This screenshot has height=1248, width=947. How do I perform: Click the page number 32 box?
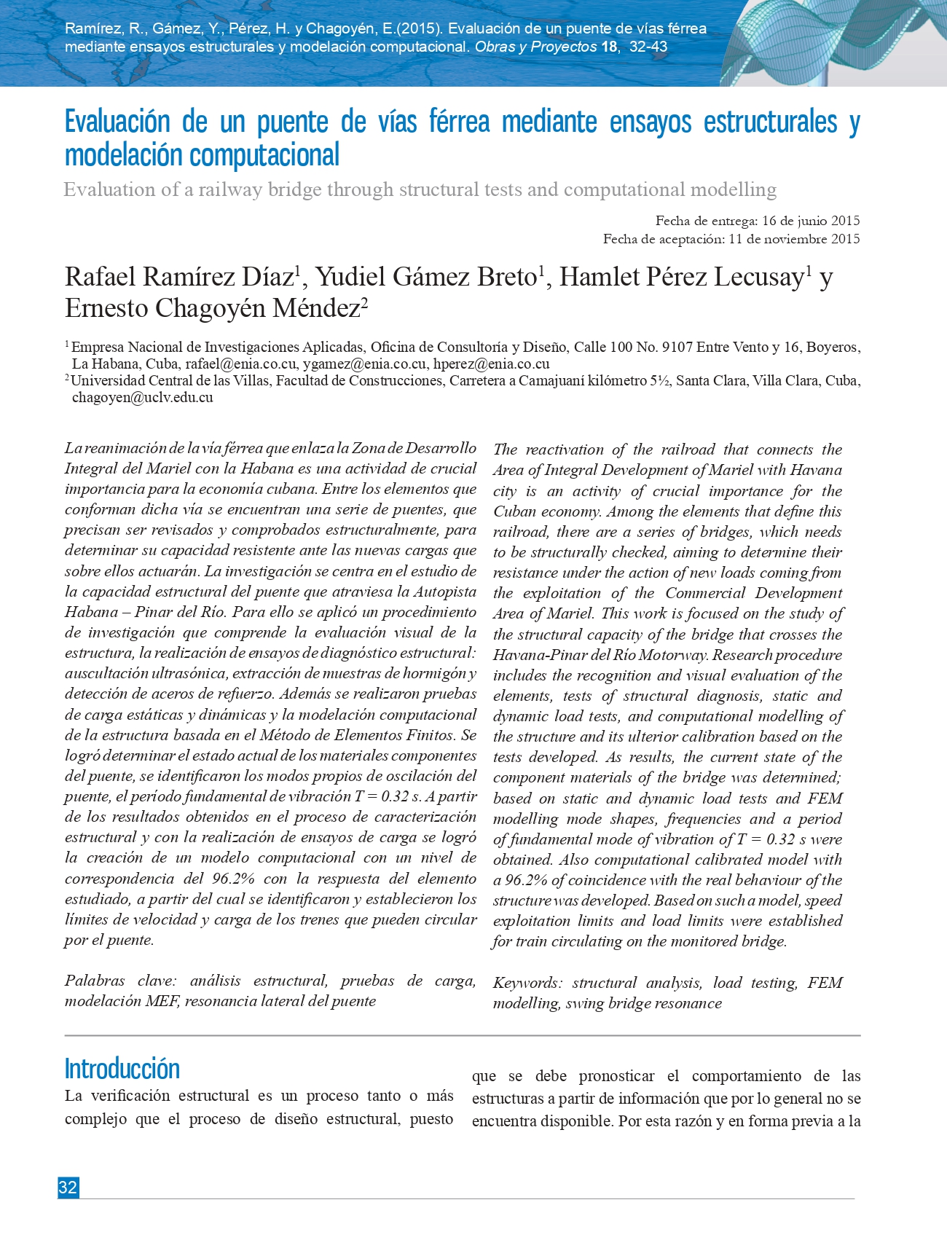68,1188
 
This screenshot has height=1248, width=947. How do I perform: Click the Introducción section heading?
122,1069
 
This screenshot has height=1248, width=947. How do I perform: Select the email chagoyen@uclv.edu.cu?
142,397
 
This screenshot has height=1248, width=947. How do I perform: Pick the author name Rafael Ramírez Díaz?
179,277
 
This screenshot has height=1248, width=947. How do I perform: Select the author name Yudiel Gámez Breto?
426,277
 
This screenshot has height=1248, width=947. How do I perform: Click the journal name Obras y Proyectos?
535,47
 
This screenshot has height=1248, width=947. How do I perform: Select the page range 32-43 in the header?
648,47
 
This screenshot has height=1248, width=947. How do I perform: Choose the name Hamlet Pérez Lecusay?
681,277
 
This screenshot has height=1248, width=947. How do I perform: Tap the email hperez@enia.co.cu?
491,364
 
